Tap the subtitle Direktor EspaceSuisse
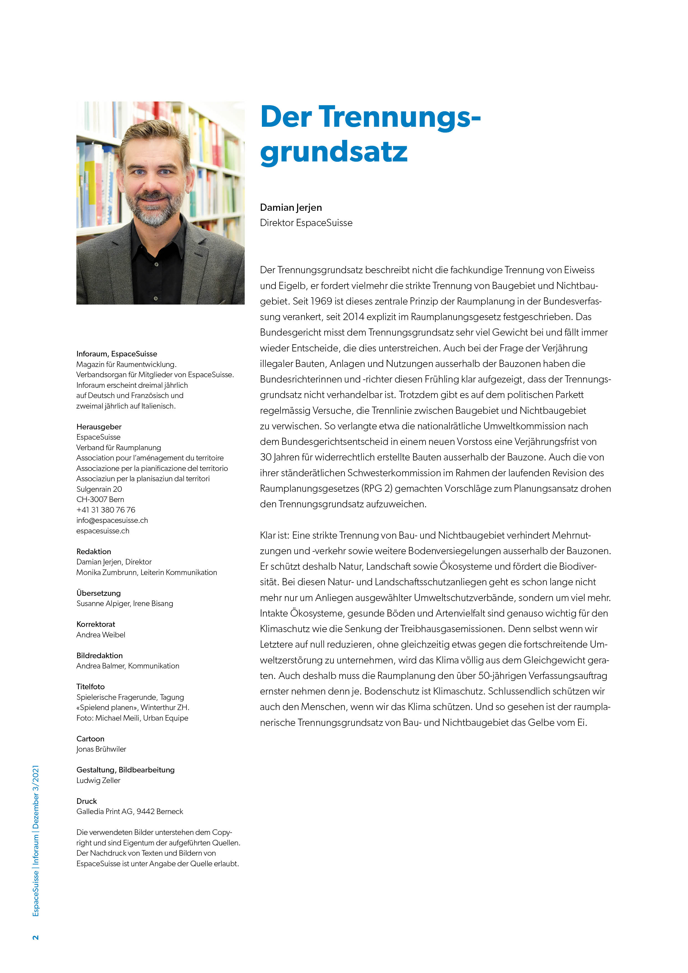coord(306,223)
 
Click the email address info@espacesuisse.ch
coord(112,520)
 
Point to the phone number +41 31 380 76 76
coord(105,510)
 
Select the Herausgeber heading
coord(99,427)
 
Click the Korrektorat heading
coord(96,624)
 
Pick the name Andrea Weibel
coord(100,635)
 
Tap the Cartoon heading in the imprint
coord(90,739)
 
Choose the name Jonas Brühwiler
coord(101,749)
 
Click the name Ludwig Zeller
coord(98,780)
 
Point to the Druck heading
coord(87,801)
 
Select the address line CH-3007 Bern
coord(100,499)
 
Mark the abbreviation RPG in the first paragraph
coord(372,489)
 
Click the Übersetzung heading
coord(98,593)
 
